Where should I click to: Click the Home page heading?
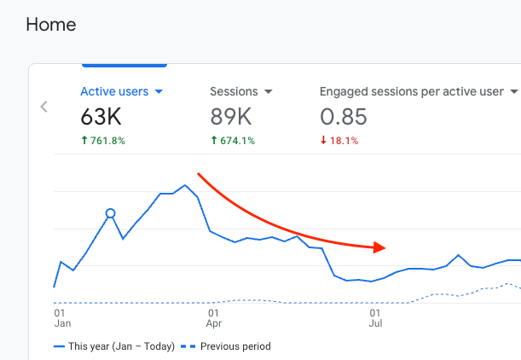(x=51, y=25)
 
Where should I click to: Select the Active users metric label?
(x=114, y=91)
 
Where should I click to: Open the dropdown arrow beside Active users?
(x=159, y=92)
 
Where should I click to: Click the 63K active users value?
(x=102, y=117)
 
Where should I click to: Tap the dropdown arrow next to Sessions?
(x=268, y=92)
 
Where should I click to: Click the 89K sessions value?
(x=232, y=117)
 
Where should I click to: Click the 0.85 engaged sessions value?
(x=344, y=117)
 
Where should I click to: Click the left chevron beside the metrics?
(x=44, y=107)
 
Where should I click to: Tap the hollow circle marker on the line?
(x=110, y=213)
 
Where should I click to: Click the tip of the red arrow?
(x=385, y=248)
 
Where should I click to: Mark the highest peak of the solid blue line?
(x=185, y=184)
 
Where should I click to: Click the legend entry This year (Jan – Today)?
(x=114, y=346)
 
